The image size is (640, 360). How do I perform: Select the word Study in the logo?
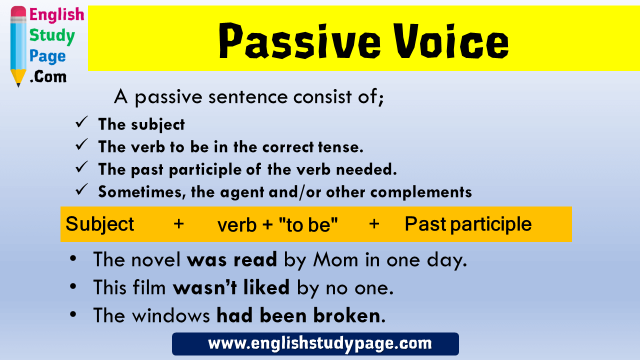point(51,36)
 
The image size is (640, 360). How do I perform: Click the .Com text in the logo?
point(48,77)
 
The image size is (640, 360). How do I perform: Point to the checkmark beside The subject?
point(81,123)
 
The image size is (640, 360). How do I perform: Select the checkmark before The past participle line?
point(81,168)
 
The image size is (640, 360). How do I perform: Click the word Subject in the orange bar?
point(99,224)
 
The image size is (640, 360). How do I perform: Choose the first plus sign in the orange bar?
point(178,224)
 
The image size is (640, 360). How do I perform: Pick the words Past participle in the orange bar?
point(468,224)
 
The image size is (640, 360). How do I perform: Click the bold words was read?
point(232,259)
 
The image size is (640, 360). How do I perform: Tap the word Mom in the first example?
point(330,259)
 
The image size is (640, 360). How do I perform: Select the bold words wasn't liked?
point(231,287)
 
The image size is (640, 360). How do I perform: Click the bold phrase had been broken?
point(298,315)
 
